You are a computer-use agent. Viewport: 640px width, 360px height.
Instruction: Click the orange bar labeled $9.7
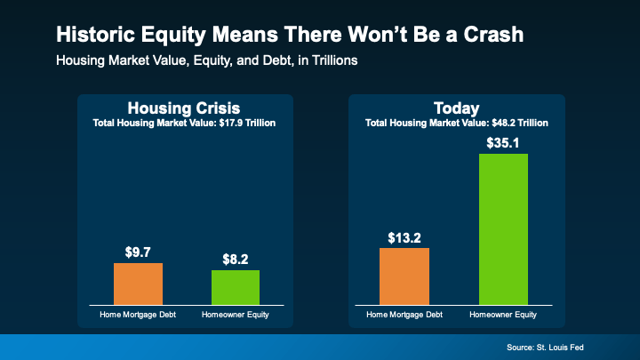click(138, 284)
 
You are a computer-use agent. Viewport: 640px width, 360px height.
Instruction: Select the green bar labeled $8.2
click(236, 287)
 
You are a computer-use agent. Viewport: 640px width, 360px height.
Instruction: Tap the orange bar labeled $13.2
click(404, 276)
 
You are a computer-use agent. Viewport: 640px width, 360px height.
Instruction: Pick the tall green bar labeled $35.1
click(503, 229)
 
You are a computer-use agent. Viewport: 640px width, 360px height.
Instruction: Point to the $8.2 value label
click(236, 260)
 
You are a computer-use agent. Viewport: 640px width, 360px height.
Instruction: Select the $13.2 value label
click(404, 237)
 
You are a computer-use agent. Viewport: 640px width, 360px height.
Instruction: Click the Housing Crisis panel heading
click(185, 108)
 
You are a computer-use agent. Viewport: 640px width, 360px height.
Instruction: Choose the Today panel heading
click(456, 108)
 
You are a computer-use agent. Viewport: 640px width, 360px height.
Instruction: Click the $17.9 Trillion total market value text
click(239, 122)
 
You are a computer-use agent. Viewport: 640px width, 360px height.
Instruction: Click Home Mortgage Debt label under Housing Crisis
click(138, 315)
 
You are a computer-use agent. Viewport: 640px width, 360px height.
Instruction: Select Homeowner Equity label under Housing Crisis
click(236, 315)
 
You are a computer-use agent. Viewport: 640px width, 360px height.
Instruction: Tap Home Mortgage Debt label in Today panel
click(404, 315)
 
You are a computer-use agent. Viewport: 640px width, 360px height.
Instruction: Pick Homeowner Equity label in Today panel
click(503, 315)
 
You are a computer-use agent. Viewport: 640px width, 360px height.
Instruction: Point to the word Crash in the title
click(488, 36)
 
